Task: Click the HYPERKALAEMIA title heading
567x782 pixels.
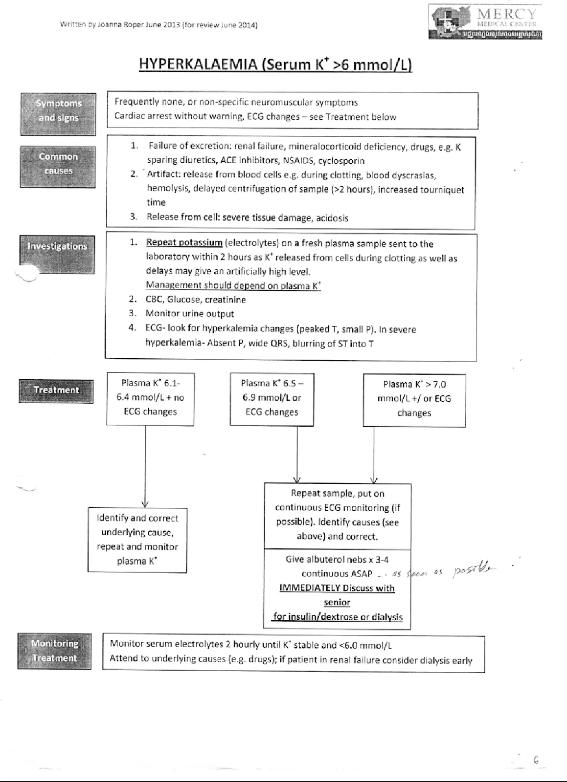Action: pyautogui.click(x=275, y=64)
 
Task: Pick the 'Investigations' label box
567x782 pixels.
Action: pyautogui.click(x=57, y=254)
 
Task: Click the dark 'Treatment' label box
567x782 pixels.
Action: pyautogui.click(x=56, y=391)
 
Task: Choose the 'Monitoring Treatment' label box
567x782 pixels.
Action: pyautogui.click(x=54, y=651)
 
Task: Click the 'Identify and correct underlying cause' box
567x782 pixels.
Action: pyautogui.click(x=137, y=540)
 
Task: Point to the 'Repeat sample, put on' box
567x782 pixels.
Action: pyautogui.click(x=338, y=515)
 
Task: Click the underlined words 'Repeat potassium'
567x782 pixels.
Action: pyautogui.click(x=184, y=243)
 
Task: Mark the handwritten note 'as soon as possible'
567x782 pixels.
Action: pyautogui.click(x=440, y=572)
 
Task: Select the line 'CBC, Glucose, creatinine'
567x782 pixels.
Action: pyautogui.click(x=196, y=300)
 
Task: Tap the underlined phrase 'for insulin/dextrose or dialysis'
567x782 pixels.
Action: pyautogui.click(x=338, y=617)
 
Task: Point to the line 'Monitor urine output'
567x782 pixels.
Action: pyautogui.click(x=190, y=314)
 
